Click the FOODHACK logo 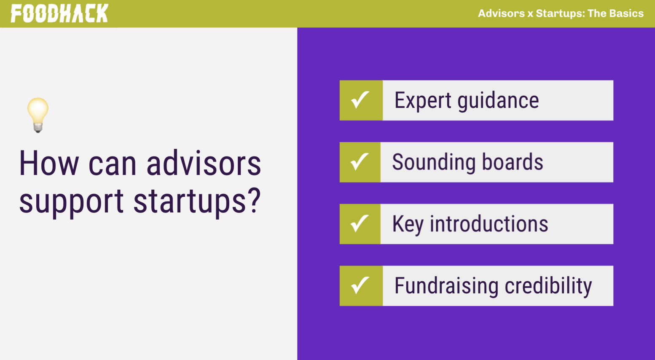[x=59, y=13]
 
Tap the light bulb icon [x=38, y=115]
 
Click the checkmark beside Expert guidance [x=360, y=100]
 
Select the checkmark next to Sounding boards [x=360, y=162]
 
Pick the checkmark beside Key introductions [x=360, y=224]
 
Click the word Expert [x=423, y=101]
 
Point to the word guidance [x=498, y=101]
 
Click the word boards [x=512, y=162]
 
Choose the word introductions [x=489, y=224]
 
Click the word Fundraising [x=446, y=286]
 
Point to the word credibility [x=548, y=286]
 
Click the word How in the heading [x=49, y=163]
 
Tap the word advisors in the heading [x=204, y=163]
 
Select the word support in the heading [x=71, y=202]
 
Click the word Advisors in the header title [x=501, y=13]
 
